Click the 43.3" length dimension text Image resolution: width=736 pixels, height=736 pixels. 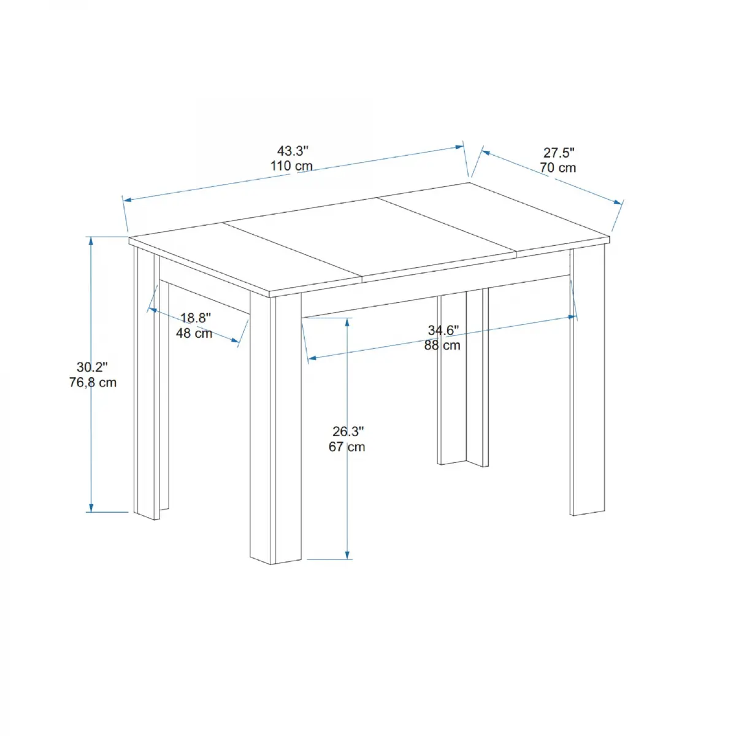[x=292, y=151]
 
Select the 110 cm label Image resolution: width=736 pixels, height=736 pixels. [x=291, y=166]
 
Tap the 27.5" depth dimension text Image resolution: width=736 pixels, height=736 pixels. [x=558, y=153]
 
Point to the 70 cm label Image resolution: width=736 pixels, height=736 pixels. [x=558, y=168]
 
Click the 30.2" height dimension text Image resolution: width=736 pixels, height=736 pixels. [x=92, y=367]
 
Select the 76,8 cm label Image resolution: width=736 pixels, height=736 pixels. [x=93, y=383]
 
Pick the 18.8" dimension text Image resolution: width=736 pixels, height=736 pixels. [x=196, y=318]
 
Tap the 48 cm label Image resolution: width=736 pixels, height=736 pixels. [x=194, y=334]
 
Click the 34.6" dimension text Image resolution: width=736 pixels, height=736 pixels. [x=443, y=331]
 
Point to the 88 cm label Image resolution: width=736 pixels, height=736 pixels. [x=442, y=345]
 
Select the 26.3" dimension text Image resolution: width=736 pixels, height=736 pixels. [x=348, y=432]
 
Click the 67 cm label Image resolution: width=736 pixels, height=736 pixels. [x=347, y=447]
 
